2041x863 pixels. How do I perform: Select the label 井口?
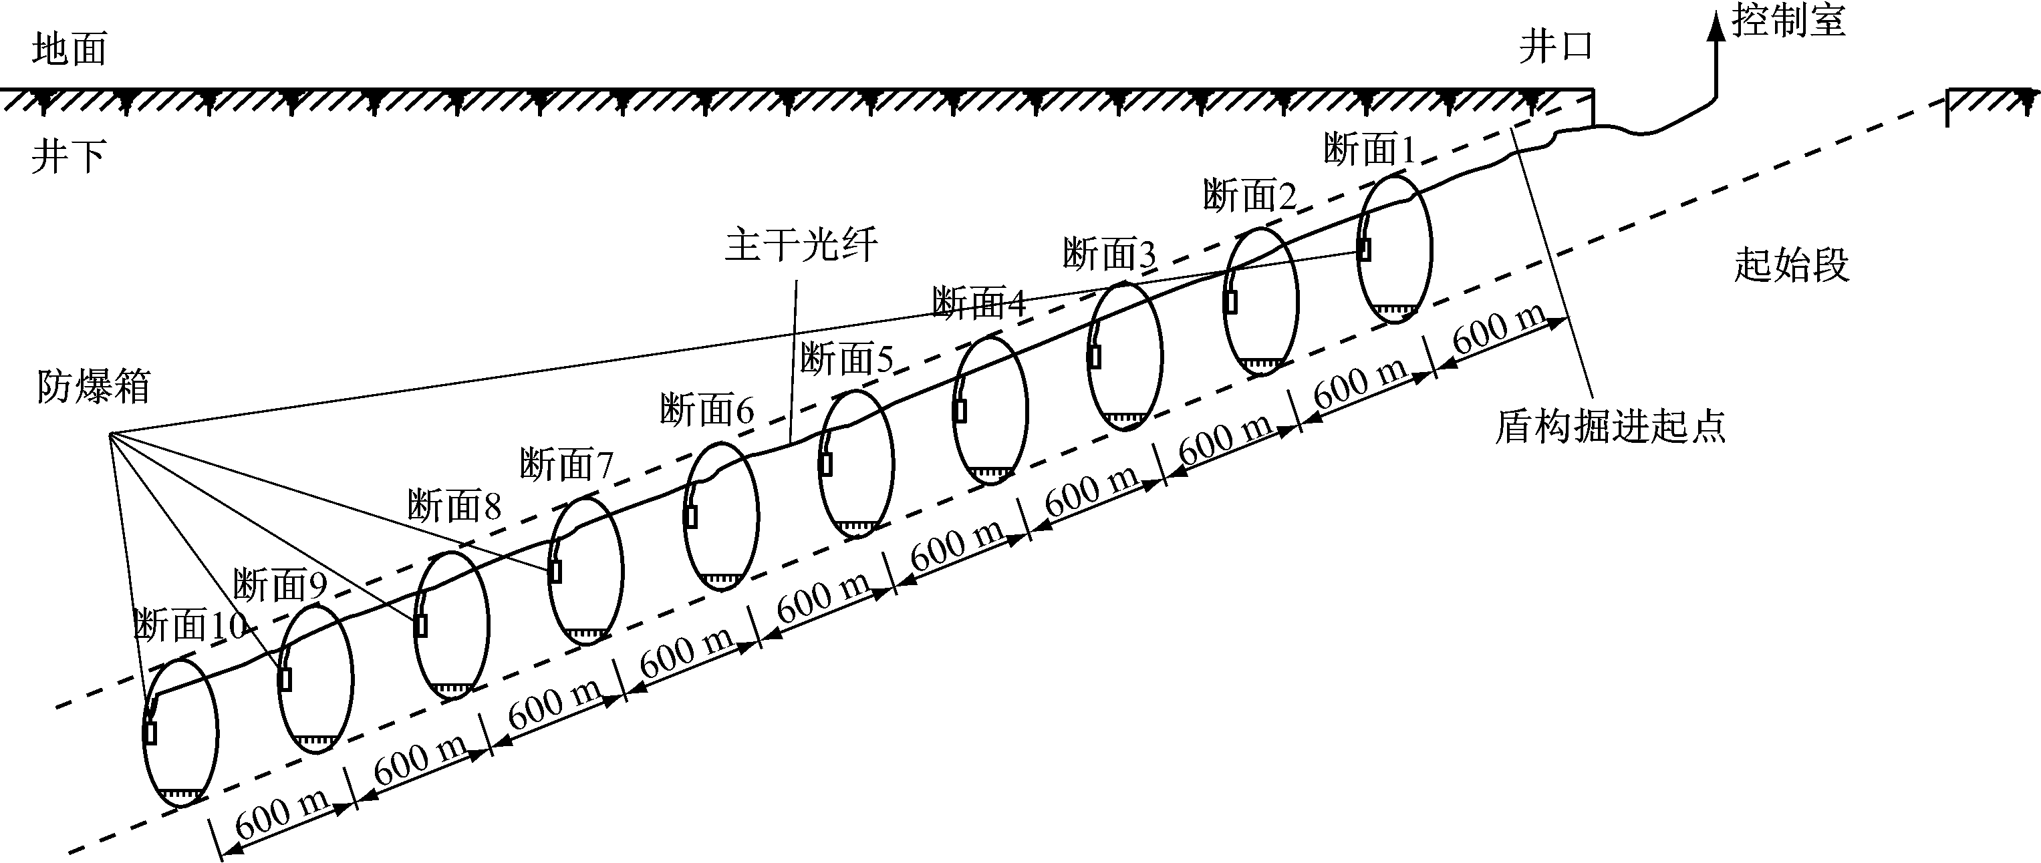(1555, 47)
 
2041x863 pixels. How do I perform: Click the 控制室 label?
(1788, 20)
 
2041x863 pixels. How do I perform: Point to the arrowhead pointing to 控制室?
(1716, 26)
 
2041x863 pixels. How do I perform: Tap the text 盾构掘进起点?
(1610, 427)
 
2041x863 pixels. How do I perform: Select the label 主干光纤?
(801, 244)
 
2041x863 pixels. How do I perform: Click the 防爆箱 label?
(94, 387)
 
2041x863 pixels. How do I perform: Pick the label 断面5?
(846, 359)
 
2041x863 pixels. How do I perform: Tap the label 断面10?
(190, 625)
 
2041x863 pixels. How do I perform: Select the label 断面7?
(567, 464)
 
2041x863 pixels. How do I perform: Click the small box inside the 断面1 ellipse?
(1365, 248)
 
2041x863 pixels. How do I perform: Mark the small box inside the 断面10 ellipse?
(150, 732)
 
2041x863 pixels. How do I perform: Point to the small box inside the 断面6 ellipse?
(691, 516)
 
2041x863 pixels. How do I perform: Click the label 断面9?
(281, 586)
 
